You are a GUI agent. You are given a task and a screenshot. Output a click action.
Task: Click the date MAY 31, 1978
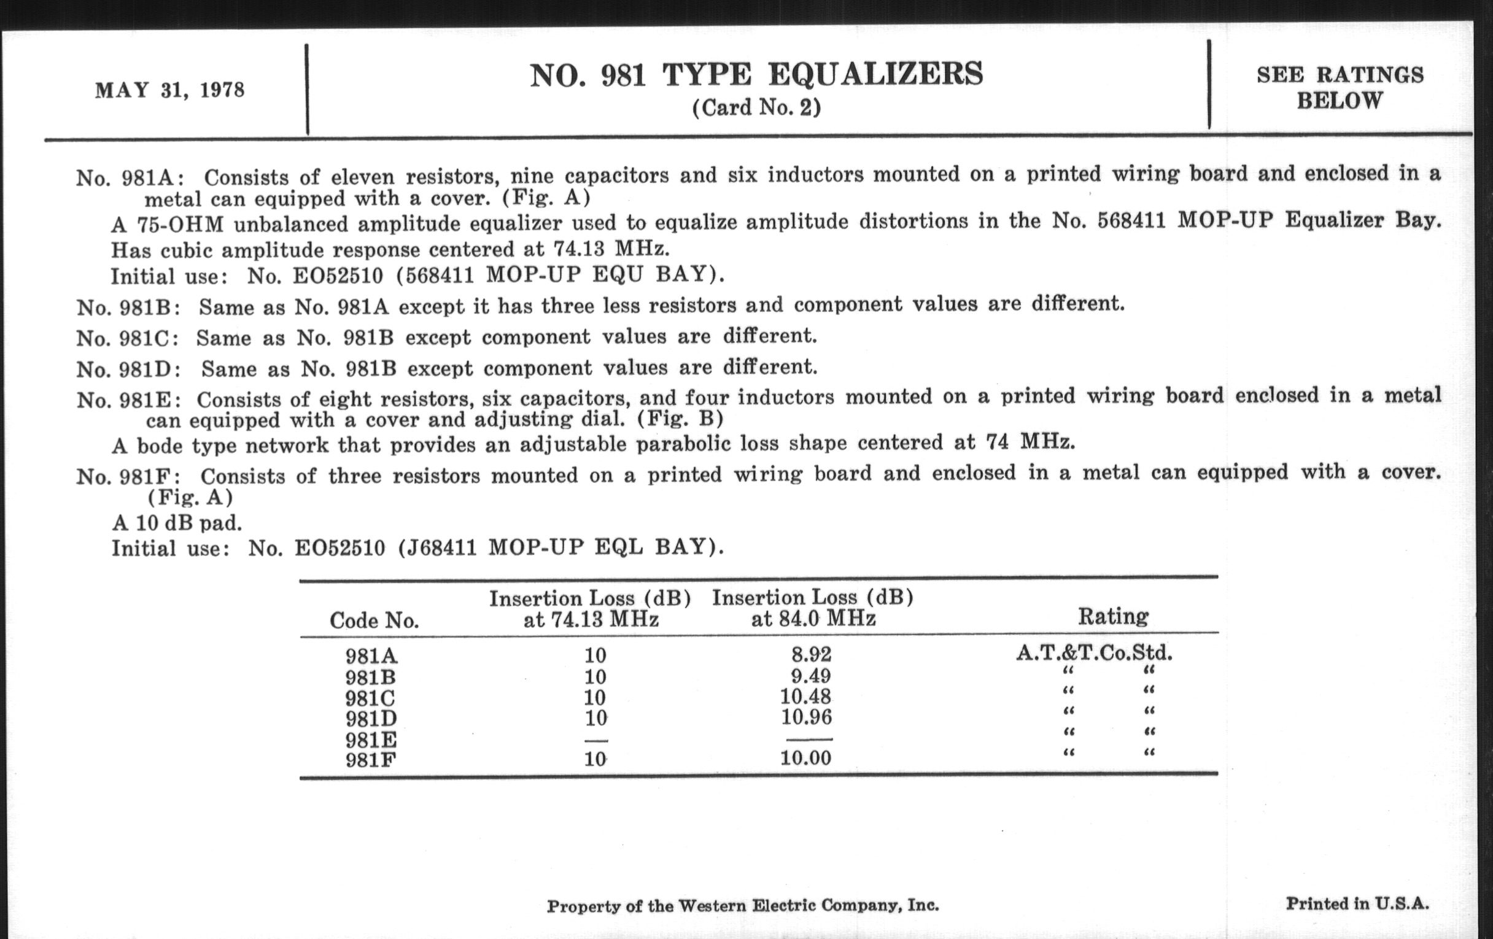tap(169, 90)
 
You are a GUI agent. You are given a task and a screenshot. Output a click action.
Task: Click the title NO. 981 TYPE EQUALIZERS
tap(756, 75)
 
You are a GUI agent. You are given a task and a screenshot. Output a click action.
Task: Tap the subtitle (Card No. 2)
tap(756, 108)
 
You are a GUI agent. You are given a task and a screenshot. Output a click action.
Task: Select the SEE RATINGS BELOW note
tap(1340, 87)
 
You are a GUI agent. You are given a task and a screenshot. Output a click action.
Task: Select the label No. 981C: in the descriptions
tap(128, 338)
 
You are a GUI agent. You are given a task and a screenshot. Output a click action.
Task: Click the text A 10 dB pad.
tap(177, 523)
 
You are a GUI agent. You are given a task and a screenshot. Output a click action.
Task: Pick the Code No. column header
tap(374, 620)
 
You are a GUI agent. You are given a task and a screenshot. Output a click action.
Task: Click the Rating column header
tap(1113, 617)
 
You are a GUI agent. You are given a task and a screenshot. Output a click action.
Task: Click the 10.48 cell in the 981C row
tap(805, 697)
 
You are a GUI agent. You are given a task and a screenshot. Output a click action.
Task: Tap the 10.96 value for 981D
tap(805, 717)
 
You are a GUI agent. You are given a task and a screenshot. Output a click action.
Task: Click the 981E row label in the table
tap(371, 740)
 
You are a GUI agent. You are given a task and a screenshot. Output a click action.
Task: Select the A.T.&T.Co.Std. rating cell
tap(1094, 652)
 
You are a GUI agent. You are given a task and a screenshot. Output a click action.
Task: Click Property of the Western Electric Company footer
tap(742, 906)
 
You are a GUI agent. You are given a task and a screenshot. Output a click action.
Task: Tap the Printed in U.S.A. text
tap(1357, 903)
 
